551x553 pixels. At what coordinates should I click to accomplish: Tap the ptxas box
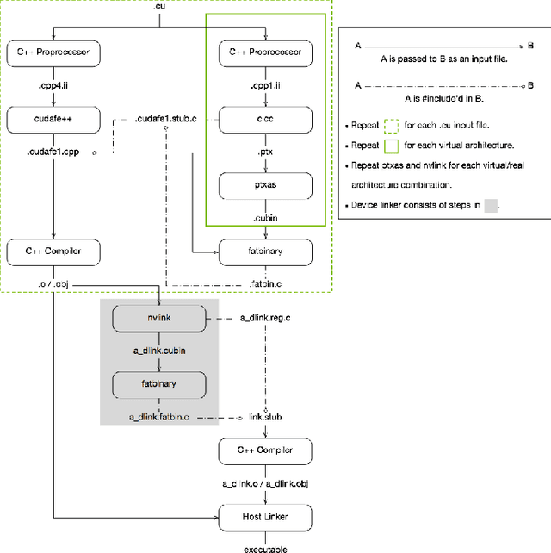pos(265,184)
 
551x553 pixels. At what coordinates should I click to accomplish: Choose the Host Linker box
pos(265,517)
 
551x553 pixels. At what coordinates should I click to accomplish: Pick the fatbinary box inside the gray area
pos(159,382)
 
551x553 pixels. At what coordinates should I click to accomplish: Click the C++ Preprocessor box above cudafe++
pos(53,53)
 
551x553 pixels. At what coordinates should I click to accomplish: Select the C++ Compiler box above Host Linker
pos(265,450)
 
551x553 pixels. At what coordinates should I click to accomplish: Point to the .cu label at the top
pos(158,7)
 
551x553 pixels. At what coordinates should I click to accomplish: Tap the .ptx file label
pos(265,152)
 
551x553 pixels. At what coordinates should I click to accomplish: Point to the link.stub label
pos(265,417)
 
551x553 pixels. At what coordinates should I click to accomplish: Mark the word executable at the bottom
pos(265,548)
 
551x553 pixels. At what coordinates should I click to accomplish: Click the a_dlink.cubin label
pos(159,351)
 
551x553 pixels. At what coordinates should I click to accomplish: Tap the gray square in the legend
pos(491,206)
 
